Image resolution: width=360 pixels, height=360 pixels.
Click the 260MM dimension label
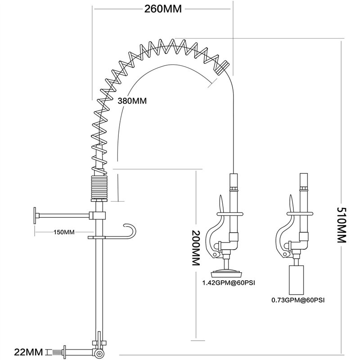pyautogui.click(x=163, y=9)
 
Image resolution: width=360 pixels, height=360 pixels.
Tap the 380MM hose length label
pyautogui.click(x=132, y=101)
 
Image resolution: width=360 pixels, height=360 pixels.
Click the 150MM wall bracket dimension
pyautogui.click(x=63, y=232)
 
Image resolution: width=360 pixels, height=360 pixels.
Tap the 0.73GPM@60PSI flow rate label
pyautogui.click(x=297, y=298)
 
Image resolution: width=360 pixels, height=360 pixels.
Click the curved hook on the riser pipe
pyautogui.click(x=131, y=230)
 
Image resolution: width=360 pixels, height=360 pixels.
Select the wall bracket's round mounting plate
pyautogui.click(x=35, y=216)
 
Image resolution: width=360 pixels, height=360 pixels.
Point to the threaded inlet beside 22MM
pyautogui.click(x=58, y=351)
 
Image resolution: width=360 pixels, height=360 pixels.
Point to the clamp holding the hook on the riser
pyautogui.click(x=97, y=237)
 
